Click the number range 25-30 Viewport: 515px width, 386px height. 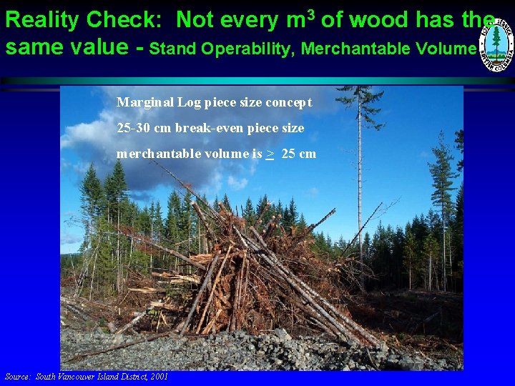pos(134,128)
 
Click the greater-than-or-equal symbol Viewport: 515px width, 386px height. pos(270,154)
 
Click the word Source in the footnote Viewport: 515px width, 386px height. pos(18,377)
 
